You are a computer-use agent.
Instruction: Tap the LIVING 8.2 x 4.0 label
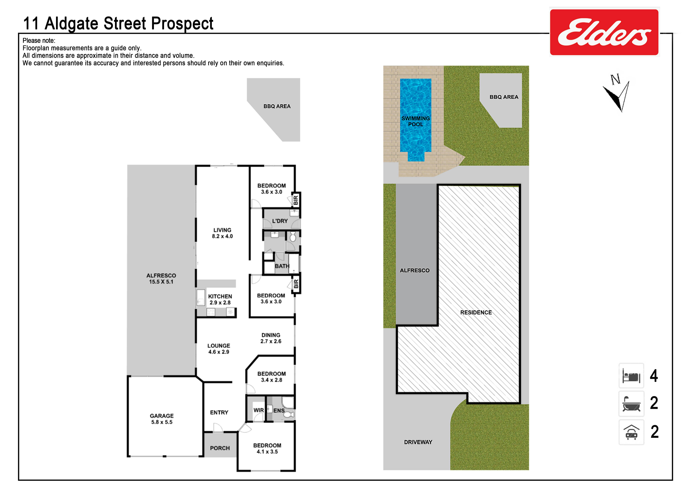coord(222,233)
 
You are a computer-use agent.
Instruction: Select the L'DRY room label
coord(280,221)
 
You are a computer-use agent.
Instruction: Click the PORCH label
coord(220,448)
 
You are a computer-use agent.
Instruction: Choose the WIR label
coord(259,410)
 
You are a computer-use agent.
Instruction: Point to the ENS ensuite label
coord(279,411)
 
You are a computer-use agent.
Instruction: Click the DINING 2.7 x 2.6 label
coord(271,338)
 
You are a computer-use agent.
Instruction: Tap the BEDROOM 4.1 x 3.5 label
coord(267,448)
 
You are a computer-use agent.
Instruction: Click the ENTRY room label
coord(219,413)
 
